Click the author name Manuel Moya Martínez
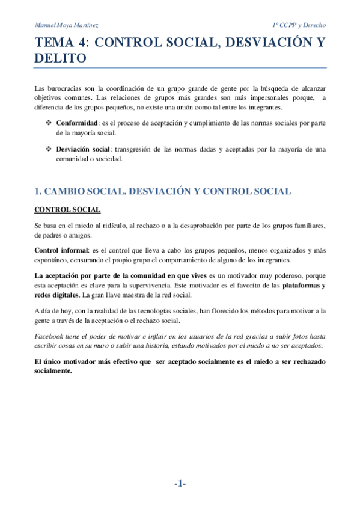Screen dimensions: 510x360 coord(67,25)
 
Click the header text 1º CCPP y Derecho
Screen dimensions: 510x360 coord(299,25)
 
